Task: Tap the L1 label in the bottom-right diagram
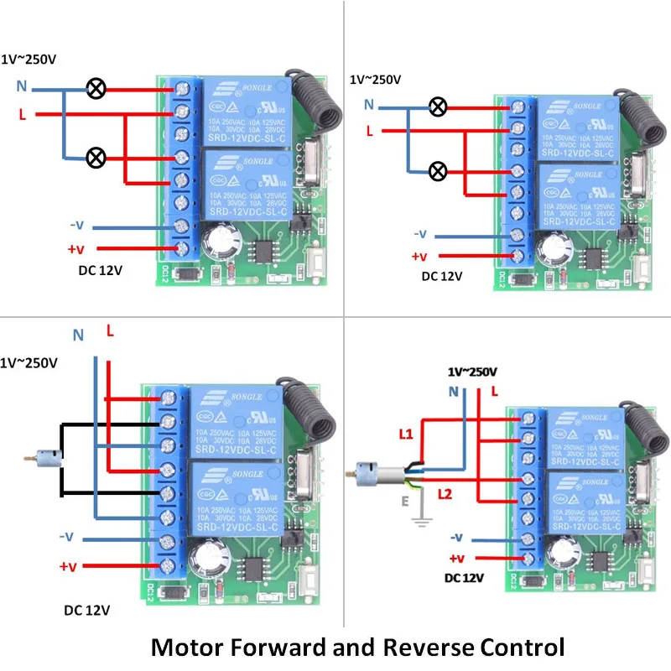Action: click(x=405, y=433)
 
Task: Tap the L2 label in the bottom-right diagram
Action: click(x=446, y=494)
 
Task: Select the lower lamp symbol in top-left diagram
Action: click(x=97, y=157)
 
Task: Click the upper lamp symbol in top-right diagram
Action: click(x=437, y=107)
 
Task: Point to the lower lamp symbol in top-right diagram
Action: click(x=437, y=171)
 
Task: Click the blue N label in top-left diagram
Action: click(x=23, y=86)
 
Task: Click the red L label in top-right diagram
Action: click(x=368, y=131)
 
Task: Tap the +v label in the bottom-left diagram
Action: click(x=68, y=566)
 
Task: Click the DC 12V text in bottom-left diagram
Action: click(x=87, y=610)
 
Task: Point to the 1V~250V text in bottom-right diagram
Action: click(x=473, y=371)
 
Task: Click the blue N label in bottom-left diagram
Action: click(x=78, y=335)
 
